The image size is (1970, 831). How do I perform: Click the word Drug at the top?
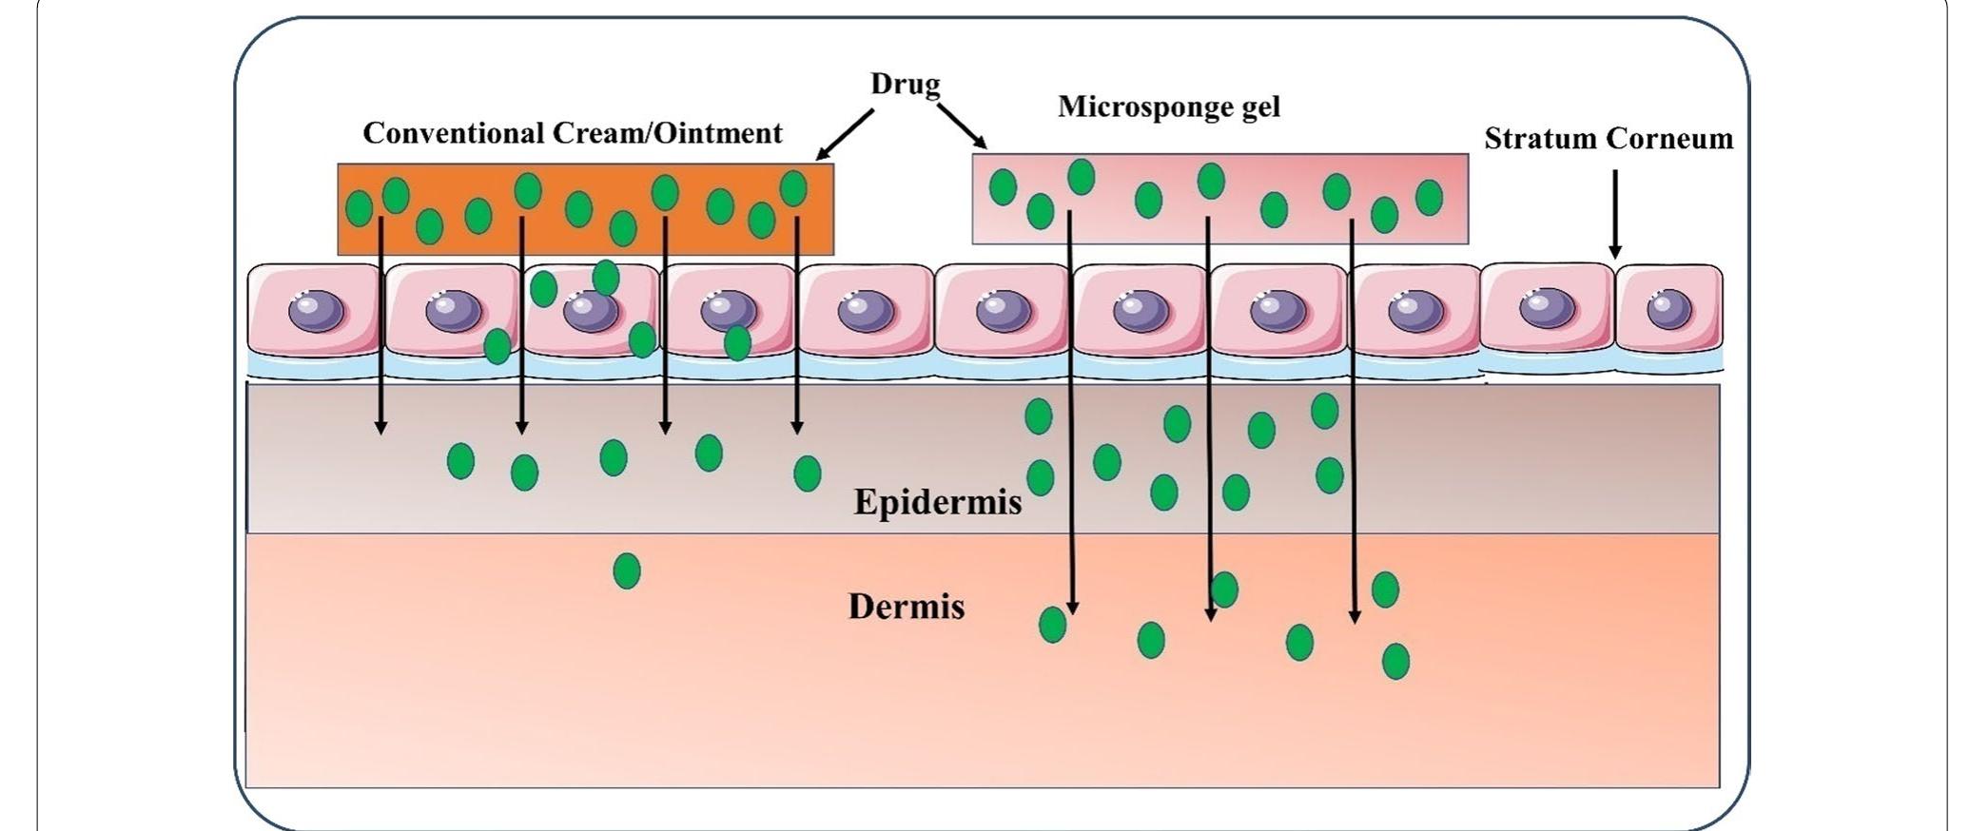pos(905,84)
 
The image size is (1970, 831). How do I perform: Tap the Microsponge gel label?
pos(1169,106)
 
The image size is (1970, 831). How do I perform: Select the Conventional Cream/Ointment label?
pos(572,132)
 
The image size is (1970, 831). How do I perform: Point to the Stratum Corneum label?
pos(1608,139)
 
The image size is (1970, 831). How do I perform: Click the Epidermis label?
pos(937,501)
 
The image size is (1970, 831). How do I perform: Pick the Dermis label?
pos(906,606)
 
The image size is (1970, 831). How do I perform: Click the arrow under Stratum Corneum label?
pos(1614,214)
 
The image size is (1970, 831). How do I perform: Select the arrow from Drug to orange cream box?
pos(844,135)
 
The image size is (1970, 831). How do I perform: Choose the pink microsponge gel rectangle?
pos(1219,223)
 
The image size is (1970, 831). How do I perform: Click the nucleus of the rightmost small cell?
pos(1668,309)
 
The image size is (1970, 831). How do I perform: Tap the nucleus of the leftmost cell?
pos(316,311)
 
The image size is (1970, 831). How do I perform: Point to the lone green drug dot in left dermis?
pos(626,570)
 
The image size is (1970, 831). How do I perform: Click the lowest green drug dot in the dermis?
pos(1395,660)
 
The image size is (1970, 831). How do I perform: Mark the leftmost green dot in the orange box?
pos(359,207)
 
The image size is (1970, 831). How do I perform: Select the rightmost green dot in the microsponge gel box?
pos(1428,198)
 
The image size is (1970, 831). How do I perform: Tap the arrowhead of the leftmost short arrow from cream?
pos(380,427)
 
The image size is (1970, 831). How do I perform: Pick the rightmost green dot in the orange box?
pos(792,188)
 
